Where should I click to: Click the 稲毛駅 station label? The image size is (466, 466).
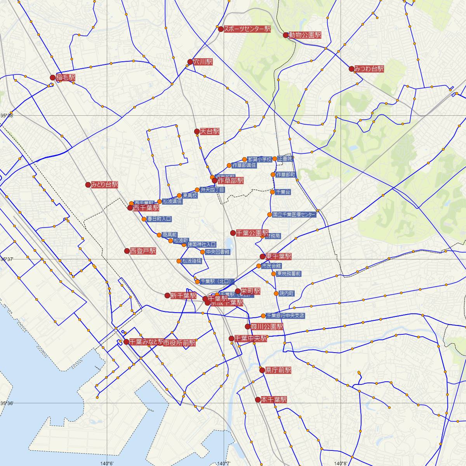65,78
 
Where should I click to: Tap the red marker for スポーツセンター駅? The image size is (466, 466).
221,29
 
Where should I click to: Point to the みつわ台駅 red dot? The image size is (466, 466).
351,69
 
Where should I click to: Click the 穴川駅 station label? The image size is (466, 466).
203,62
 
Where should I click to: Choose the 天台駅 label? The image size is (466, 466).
210,132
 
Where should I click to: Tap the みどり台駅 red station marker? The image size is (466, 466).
88,185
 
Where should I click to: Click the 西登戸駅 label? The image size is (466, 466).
143,251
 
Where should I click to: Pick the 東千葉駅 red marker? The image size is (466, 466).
263,257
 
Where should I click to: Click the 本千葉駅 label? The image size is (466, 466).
274,400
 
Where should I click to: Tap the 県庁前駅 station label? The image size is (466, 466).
278,370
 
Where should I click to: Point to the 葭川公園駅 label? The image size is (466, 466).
267,327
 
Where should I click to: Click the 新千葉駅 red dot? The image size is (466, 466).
167,296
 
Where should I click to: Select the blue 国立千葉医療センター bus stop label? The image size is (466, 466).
294,214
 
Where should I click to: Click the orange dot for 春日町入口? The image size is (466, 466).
144,219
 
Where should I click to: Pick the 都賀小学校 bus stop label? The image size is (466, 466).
259,159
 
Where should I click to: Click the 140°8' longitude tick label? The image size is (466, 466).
341,463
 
